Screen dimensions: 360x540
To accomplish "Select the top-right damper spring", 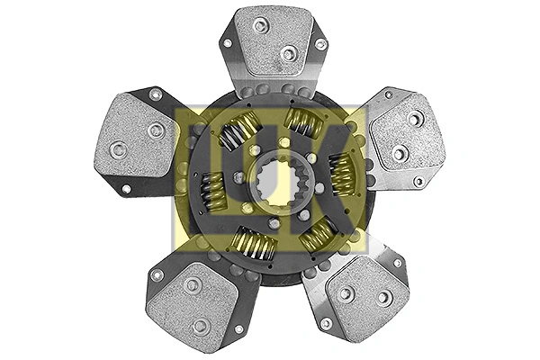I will point(303,123).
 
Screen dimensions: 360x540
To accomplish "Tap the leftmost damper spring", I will point(212,189).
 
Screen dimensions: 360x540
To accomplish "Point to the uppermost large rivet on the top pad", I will point(261,26).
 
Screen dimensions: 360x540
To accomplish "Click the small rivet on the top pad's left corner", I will point(228,42).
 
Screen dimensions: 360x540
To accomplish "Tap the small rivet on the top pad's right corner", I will point(319,44).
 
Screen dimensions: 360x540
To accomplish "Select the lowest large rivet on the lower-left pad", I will point(201,325).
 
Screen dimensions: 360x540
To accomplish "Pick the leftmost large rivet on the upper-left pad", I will point(118,150).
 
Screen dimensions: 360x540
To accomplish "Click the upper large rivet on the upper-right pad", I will point(416,118).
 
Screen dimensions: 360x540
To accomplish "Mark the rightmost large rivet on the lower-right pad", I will point(384,298).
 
